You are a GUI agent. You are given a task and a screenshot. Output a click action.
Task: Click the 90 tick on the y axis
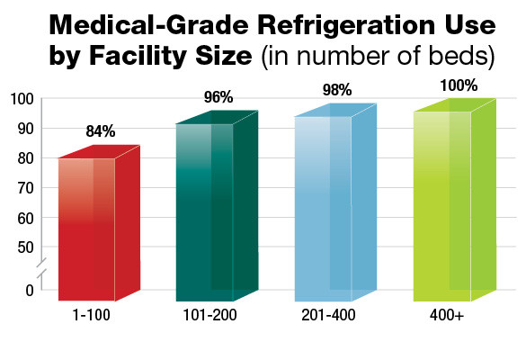pyautogui.click(x=24, y=129)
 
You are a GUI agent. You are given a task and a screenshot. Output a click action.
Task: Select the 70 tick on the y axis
pyautogui.click(x=24, y=188)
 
